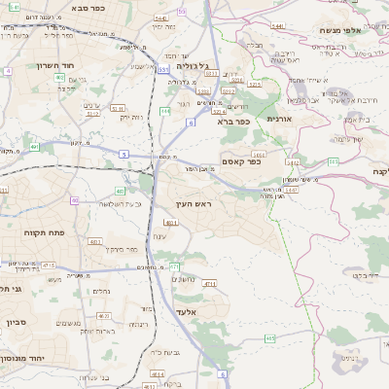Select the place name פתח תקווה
(45, 233)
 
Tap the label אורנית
(280, 117)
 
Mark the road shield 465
(268, 337)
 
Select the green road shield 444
(165, 112)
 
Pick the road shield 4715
(49, 265)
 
